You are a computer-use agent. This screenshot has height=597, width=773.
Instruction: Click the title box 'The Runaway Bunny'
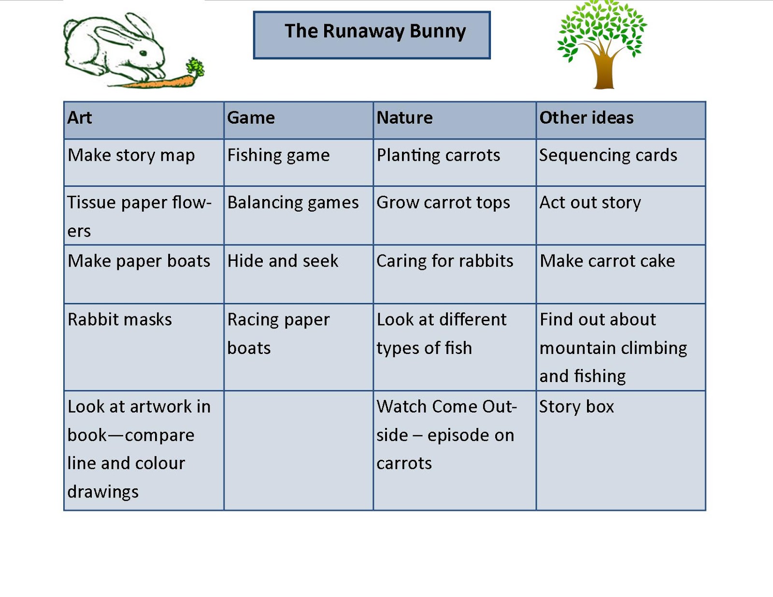pos(372,35)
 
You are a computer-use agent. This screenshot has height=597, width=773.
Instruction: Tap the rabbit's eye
pos(143,53)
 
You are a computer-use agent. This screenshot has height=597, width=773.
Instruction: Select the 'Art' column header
pos(80,118)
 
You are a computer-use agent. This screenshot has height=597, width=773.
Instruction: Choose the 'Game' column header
pos(251,118)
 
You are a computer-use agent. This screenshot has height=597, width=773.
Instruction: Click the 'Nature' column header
pos(404,118)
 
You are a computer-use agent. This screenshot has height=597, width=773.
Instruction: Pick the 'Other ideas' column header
pos(586,118)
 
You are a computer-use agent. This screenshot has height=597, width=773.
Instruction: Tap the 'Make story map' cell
pos(131,156)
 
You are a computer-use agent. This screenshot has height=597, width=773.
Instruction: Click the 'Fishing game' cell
pos(278,156)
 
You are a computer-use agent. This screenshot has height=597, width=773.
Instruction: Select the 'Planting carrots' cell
pos(438,156)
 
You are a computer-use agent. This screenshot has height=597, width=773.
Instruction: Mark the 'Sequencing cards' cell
pos(608,156)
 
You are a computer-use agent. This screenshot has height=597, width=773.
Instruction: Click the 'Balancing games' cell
pos(293,202)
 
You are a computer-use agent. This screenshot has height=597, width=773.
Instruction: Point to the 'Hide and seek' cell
pos(283,261)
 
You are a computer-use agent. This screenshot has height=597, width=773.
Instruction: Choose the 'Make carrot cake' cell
pos(607,261)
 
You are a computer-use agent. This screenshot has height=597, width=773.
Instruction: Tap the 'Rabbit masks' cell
pos(120,320)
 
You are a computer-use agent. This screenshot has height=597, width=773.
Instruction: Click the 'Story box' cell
pos(576,407)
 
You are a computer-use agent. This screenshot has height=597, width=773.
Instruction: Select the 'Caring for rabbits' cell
pos(444,261)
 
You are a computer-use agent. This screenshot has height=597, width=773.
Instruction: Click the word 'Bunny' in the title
pos(438,31)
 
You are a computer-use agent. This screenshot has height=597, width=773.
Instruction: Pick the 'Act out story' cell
pos(590,202)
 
